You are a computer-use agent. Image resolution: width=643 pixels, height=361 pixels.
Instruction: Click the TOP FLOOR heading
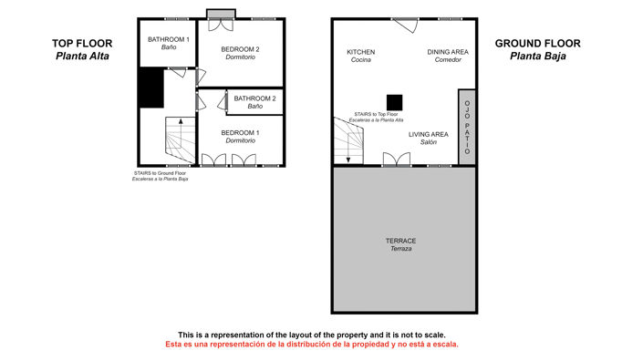pyautogui.click(x=81, y=43)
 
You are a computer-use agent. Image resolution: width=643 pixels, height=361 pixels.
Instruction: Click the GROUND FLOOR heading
pyautogui.click(x=537, y=43)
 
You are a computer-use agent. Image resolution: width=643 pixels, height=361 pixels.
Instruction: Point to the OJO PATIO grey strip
pyautogui.click(x=467, y=127)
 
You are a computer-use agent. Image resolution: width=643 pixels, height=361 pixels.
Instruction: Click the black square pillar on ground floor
pyautogui.click(x=394, y=102)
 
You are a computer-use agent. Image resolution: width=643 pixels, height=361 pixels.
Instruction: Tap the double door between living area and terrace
pyautogui.click(x=396, y=161)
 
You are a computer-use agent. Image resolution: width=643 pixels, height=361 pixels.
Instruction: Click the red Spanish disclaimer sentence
pyautogui.click(x=311, y=345)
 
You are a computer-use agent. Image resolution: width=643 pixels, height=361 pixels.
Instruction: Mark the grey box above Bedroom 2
pyautogui.click(x=220, y=13)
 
